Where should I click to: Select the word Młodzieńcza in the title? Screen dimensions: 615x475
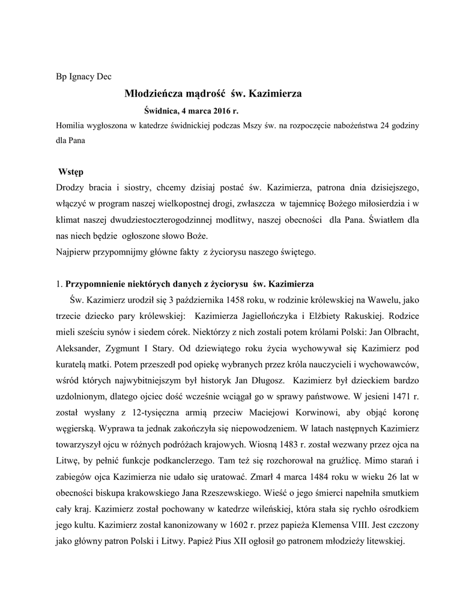click(153, 94)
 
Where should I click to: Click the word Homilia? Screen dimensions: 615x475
click(70, 126)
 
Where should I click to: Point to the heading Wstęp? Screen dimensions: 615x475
click(71, 172)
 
